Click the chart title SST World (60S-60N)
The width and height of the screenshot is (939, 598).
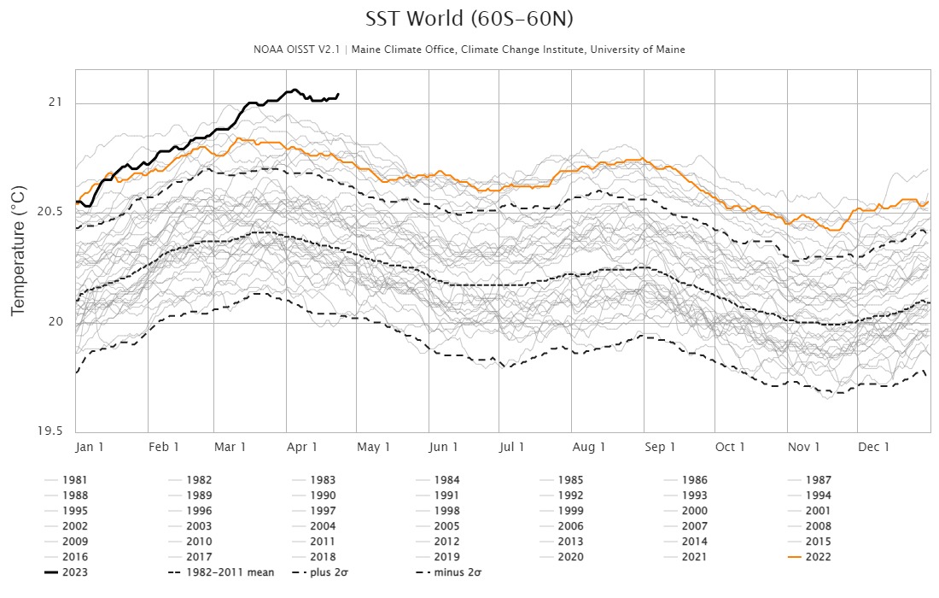(x=469, y=19)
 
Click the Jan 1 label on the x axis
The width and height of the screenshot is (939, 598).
(x=90, y=447)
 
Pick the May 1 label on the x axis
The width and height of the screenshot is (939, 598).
(x=374, y=447)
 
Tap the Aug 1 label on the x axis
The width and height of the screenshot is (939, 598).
(x=589, y=447)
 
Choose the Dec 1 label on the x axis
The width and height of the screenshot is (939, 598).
(x=874, y=447)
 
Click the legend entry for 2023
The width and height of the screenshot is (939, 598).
(x=74, y=572)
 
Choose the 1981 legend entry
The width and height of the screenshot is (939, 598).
(x=74, y=480)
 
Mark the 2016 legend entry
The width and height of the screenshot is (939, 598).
(x=74, y=557)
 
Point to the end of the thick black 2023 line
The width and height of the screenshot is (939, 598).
(x=339, y=94)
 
